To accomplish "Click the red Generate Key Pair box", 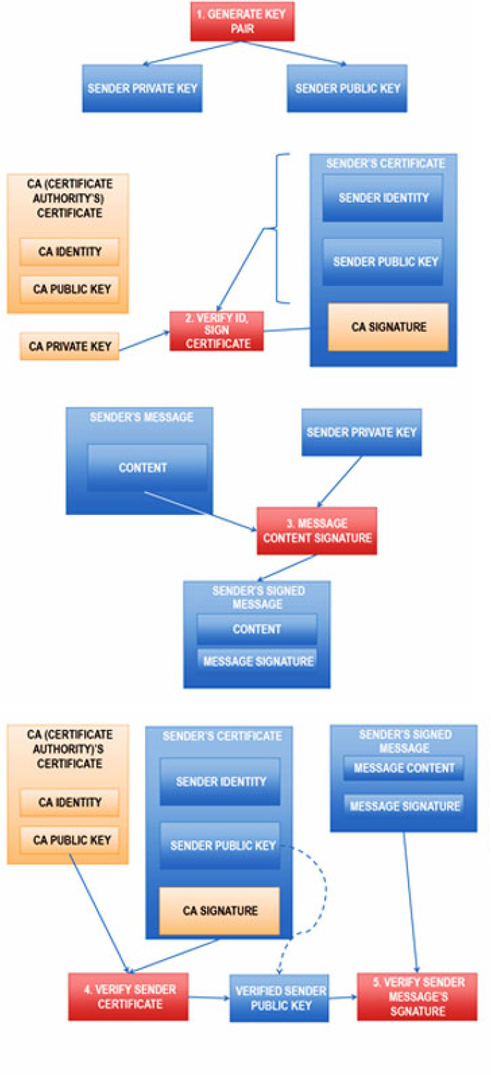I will point(242,22).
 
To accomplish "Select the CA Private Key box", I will point(69,346).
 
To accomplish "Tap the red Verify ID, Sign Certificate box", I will point(216,331).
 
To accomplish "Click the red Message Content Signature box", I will point(317,530).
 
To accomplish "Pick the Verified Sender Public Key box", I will point(279,998).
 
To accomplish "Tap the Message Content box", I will point(404,768).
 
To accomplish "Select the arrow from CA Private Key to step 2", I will point(144,341).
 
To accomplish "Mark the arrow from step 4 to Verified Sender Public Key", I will point(209,997).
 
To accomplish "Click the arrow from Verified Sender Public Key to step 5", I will point(343,997).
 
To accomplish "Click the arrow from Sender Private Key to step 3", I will point(340,481).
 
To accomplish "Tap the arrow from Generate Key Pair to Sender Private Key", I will point(191,53).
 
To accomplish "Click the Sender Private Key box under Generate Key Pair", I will point(142,88).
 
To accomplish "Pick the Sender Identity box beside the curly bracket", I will point(383,198).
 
